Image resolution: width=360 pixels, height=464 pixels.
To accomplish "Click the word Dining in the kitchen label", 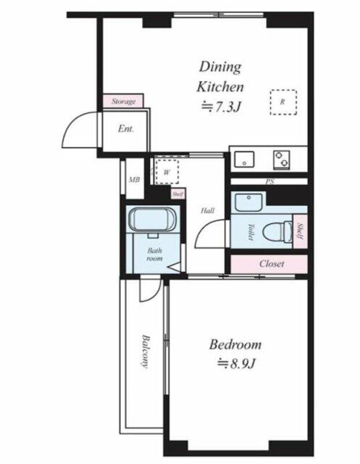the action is point(220,67).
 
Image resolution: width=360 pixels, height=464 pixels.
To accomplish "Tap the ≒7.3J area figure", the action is point(220,107).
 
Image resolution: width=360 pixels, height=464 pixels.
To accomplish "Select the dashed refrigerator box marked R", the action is point(283,102).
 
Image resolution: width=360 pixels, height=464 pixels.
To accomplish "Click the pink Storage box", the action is point(123,101).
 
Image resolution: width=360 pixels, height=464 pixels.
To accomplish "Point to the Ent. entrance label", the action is point(126,129).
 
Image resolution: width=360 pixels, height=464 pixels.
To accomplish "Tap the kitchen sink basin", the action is point(244,159).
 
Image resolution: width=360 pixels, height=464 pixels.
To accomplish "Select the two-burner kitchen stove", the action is point(281,159).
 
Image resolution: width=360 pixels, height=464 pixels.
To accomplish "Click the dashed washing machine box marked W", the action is point(167,172).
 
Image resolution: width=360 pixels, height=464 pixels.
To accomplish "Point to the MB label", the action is point(135,180).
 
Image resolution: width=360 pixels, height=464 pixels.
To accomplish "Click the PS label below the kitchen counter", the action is point(270,182).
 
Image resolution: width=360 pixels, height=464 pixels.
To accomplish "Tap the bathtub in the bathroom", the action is point(153,220).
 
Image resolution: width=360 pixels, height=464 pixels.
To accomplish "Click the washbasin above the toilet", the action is point(248,202).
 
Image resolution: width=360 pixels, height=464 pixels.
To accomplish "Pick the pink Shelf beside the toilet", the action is point(300,231).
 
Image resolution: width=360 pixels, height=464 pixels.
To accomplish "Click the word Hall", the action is point(207,211).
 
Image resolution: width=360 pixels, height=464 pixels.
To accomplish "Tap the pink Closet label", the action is point(272,264).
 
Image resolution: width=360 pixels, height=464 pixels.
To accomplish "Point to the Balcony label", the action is point(145,351).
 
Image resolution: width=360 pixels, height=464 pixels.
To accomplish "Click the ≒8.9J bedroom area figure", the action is point(236,364).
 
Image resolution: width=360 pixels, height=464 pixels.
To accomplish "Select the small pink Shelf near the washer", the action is point(178,194).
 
